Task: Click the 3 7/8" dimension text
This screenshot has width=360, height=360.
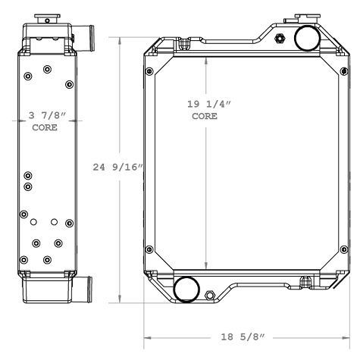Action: click(x=48, y=116)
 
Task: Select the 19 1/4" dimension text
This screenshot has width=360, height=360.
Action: click(x=206, y=105)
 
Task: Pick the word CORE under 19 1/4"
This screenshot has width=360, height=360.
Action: click(x=205, y=117)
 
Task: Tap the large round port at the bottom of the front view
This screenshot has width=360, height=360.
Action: click(x=186, y=289)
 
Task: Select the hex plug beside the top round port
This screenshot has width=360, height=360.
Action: click(x=282, y=39)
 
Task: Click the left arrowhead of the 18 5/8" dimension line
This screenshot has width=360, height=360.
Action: click(x=148, y=337)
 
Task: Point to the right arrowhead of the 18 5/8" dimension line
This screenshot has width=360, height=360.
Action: click(x=347, y=337)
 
